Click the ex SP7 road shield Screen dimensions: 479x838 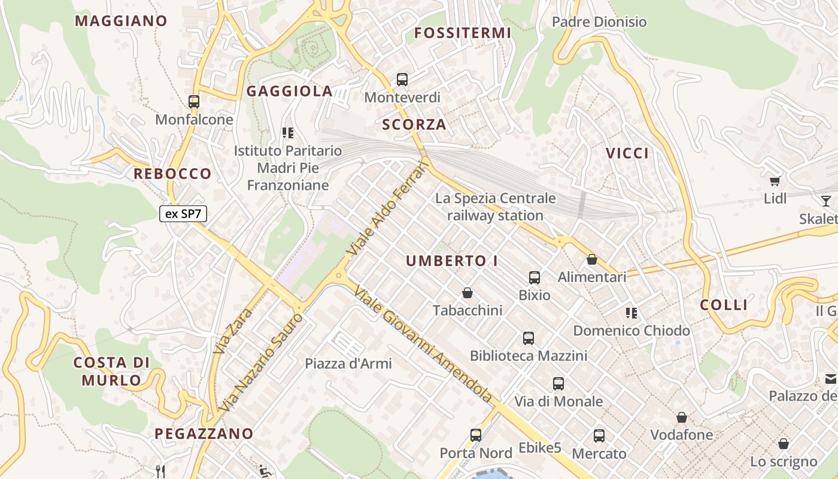(x=183, y=214)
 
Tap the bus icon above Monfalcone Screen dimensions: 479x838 (x=194, y=102)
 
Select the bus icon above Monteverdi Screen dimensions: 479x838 (x=402, y=80)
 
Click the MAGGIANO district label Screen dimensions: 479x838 (x=121, y=21)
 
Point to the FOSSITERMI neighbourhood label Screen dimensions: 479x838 (x=463, y=33)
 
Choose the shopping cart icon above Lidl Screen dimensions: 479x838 (x=775, y=180)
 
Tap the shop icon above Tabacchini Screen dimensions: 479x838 (x=467, y=293)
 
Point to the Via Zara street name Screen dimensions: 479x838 (x=234, y=330)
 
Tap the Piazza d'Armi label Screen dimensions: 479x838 (x=348, y=363)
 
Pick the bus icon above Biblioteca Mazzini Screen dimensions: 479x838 (x=529, y=338)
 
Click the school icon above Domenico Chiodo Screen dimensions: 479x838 (x=631, y=313)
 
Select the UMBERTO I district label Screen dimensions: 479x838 (x=452, y=261)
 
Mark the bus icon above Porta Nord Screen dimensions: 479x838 (x=476, y=435)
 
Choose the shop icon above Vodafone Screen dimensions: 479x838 (x=682, y=417)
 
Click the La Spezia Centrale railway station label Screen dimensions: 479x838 (x=496, y=207)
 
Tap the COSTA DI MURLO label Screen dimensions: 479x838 (x=111, y=371)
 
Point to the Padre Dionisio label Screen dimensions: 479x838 (x=599, y=22)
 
